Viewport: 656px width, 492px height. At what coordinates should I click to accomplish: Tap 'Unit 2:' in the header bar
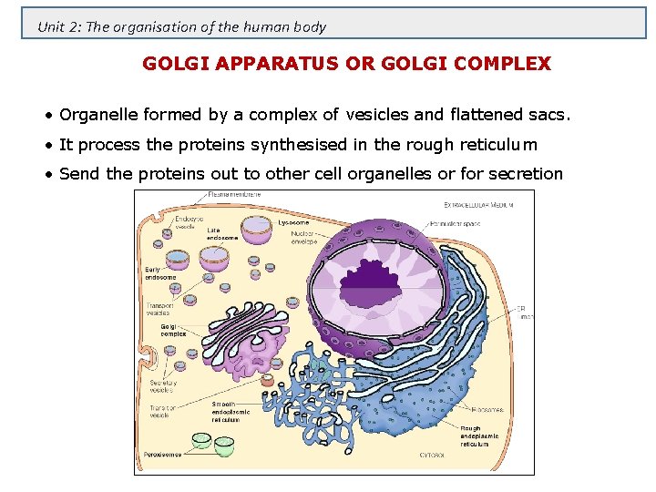pyautogui.click(x=58, y=26)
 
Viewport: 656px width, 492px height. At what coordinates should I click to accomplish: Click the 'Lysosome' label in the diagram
pyautogui.click(x=293, y=221)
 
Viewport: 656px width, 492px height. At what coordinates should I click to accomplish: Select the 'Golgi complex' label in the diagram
pyautogui.click(x=173, y=329)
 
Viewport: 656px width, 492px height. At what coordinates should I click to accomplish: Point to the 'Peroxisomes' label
pyautogui.click(x=163, y=454)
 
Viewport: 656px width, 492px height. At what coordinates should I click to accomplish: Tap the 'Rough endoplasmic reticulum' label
pyautogui.click(x=479, y=436)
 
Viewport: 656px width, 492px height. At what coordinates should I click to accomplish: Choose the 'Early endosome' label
pyautogui.click(x=159, y=272)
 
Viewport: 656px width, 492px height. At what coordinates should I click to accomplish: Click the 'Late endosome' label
pyautogui.click(x=221, y=234)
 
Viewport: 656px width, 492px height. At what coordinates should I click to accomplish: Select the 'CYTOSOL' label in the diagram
pyautogui.click(x=433, y=454)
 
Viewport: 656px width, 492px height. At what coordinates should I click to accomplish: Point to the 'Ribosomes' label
pyautogui.click(x=487, y=410)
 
